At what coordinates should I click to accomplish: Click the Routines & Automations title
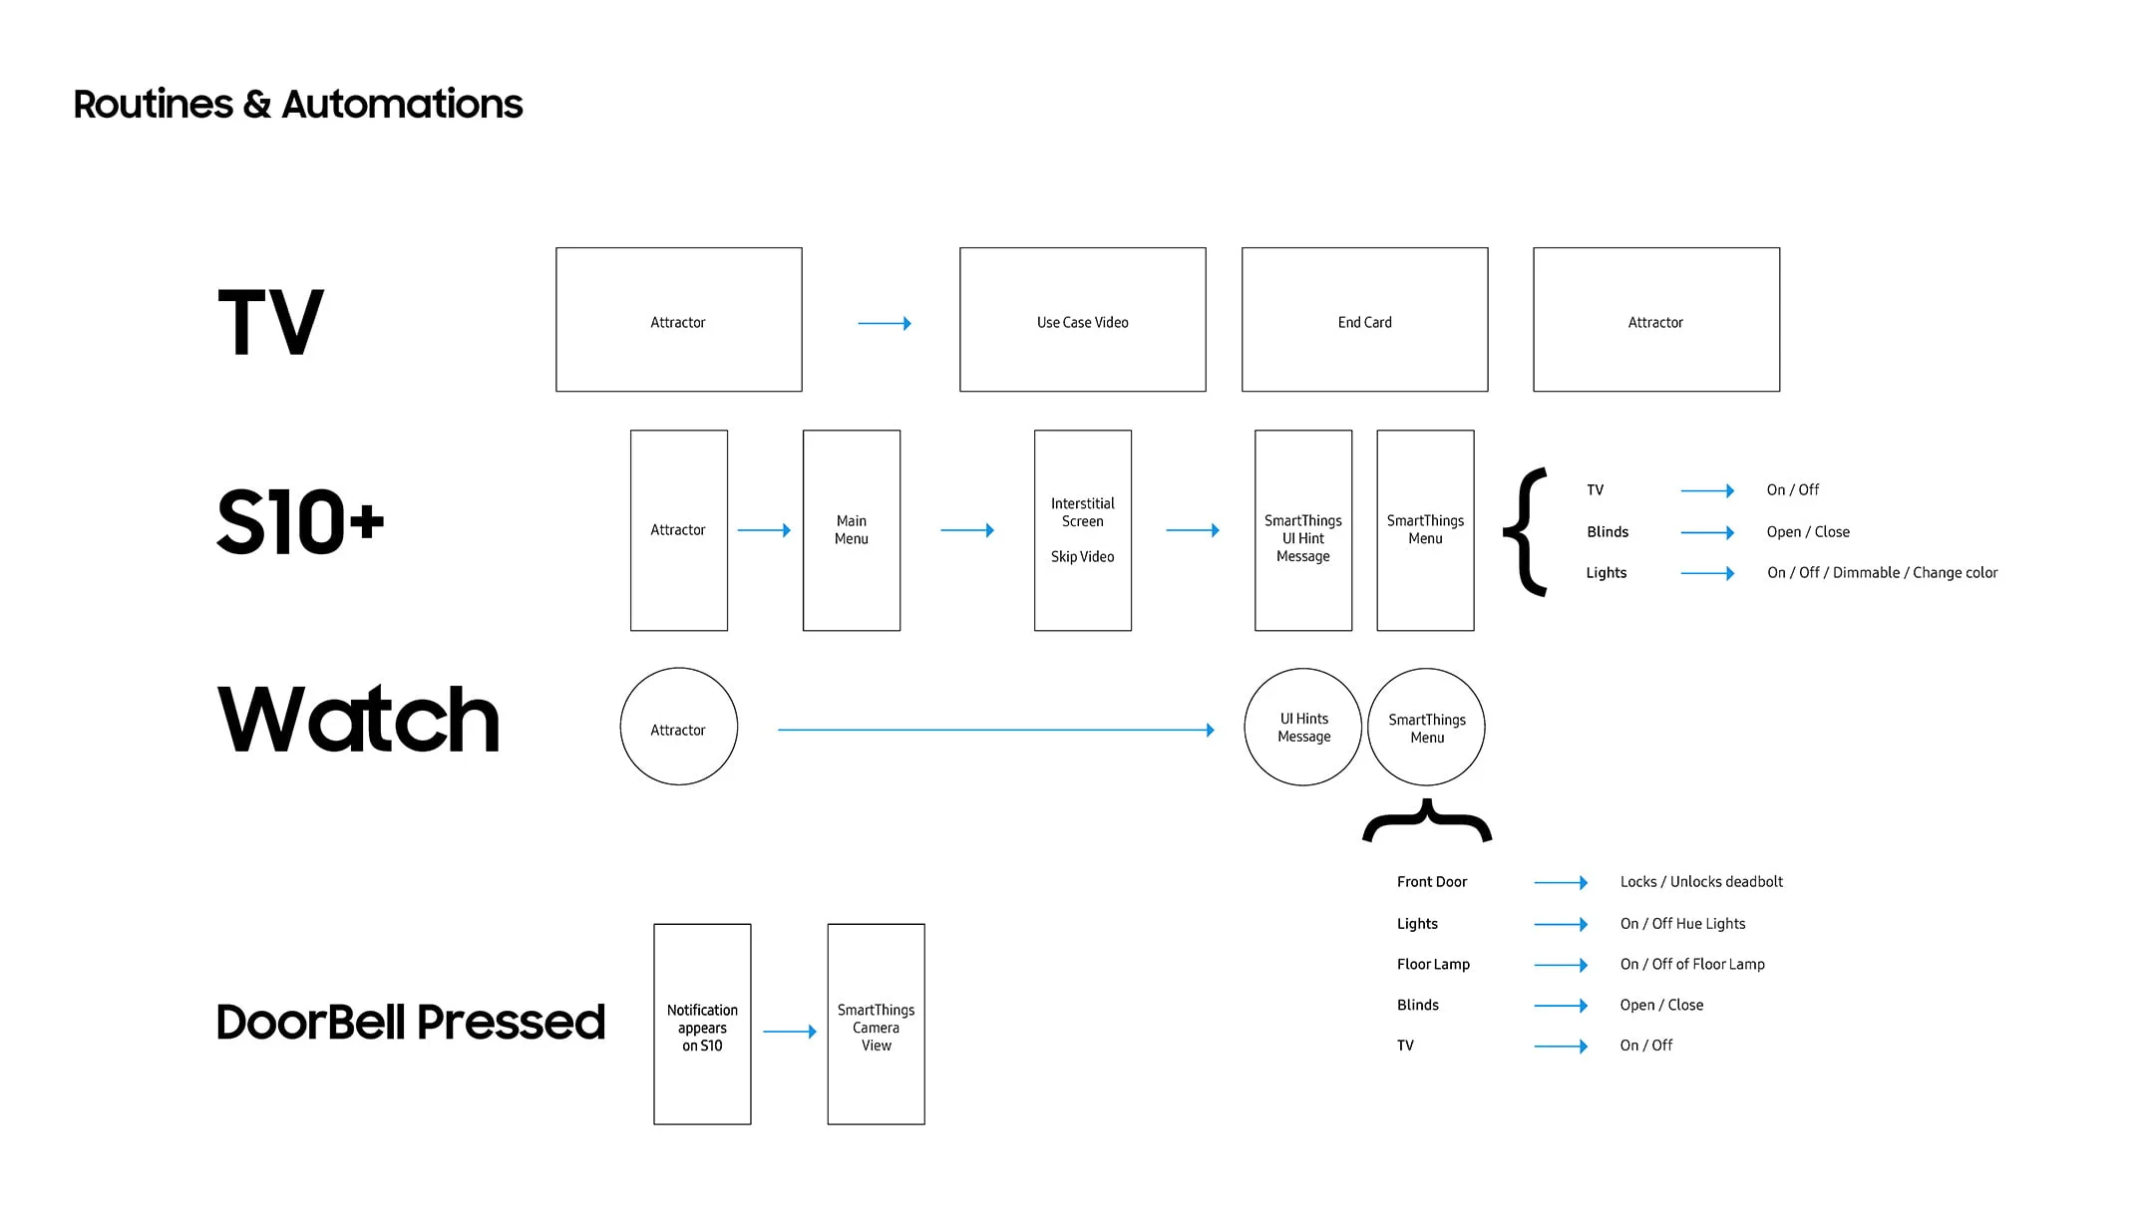[298, 105]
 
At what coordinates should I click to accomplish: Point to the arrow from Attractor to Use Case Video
[885, 323]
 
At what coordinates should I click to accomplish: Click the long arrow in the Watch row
[996, 730]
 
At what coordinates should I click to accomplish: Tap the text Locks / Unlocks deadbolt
[1701, 882]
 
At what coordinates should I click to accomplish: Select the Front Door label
[1432, 882]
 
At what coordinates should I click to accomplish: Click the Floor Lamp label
[1433, 965]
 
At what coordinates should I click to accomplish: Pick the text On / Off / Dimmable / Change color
[1883, 573]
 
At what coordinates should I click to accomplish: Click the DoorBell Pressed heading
[411, 1022]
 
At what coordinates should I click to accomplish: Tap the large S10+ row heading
[300, 521]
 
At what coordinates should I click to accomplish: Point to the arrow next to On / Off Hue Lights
[1561, 924]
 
